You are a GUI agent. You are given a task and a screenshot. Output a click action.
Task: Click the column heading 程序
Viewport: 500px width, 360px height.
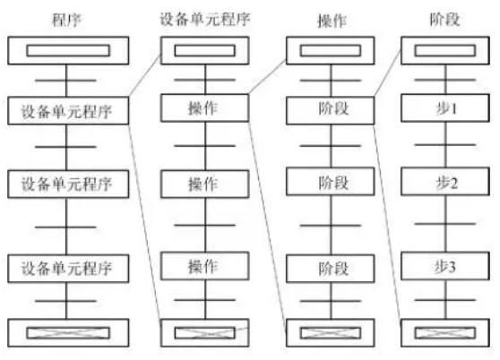click(66, 20)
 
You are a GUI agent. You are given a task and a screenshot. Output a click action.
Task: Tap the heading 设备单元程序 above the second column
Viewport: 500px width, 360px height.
click(204, 19)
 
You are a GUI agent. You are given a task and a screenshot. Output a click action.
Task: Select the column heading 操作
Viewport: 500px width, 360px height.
click(332, 21)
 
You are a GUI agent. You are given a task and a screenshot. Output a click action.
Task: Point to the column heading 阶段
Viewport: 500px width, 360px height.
click(444, 20)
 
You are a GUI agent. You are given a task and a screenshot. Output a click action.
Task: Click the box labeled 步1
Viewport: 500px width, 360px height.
click(445, 108)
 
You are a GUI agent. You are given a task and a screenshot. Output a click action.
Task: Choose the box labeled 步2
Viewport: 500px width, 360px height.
click(445, 182)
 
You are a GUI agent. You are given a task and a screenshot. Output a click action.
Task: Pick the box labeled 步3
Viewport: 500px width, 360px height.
click(445, 266)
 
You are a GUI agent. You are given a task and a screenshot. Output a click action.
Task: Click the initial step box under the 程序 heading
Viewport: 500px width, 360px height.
click(68, 50)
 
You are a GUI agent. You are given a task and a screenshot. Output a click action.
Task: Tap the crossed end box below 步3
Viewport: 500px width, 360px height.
click(445, 332)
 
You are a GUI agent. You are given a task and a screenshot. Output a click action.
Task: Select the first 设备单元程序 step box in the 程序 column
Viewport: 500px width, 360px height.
click(68, 110)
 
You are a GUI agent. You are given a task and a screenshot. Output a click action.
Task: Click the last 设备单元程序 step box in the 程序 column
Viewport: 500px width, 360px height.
click(68, 269)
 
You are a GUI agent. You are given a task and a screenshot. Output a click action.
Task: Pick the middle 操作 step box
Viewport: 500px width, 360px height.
click(204, 184)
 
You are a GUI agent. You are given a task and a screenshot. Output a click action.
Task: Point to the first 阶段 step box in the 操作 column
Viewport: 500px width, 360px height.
click(331, 110)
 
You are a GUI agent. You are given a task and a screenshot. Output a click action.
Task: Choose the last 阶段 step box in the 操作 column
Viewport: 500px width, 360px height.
click(331, 269)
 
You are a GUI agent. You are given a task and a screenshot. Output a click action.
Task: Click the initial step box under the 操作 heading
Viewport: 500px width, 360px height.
click(331, 50)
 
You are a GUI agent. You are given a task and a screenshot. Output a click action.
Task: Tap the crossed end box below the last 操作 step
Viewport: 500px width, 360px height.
click(204, 332)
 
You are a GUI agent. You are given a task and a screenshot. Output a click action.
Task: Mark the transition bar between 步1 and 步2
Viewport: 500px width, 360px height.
click(445, 145)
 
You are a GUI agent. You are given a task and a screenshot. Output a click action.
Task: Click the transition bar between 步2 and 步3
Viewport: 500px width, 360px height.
click(445, 224)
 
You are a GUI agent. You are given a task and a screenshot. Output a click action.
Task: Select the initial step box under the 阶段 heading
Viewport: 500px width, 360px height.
click(445, 50)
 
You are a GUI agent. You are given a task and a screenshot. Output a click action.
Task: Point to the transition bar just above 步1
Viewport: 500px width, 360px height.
click(445, 80)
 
